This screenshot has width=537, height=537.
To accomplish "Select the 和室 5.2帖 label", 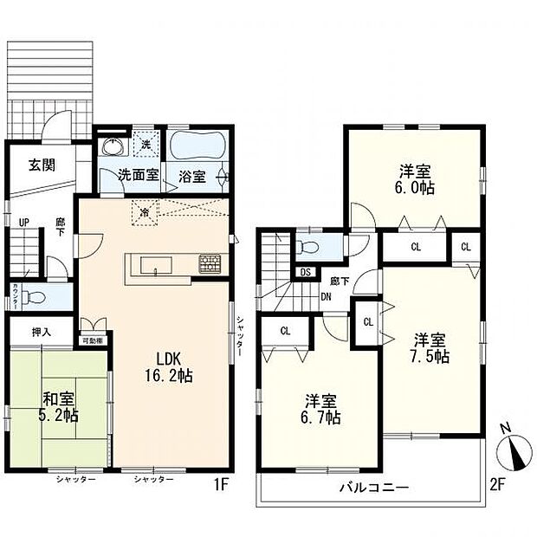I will point(60,406).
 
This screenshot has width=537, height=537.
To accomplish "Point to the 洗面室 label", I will point(138,176).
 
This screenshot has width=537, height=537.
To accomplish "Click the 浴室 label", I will point(192,176).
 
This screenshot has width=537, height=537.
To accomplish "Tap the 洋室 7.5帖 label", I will point(430,347).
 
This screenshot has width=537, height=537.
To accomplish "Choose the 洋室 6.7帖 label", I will point(321,409).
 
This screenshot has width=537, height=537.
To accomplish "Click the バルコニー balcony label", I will point(373,488).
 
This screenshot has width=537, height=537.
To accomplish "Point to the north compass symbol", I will point(513,450).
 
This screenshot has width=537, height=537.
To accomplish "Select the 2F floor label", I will point(496,484).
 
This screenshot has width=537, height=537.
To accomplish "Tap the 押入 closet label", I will point(42,331).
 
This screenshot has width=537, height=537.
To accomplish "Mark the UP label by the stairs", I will point(27,222).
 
